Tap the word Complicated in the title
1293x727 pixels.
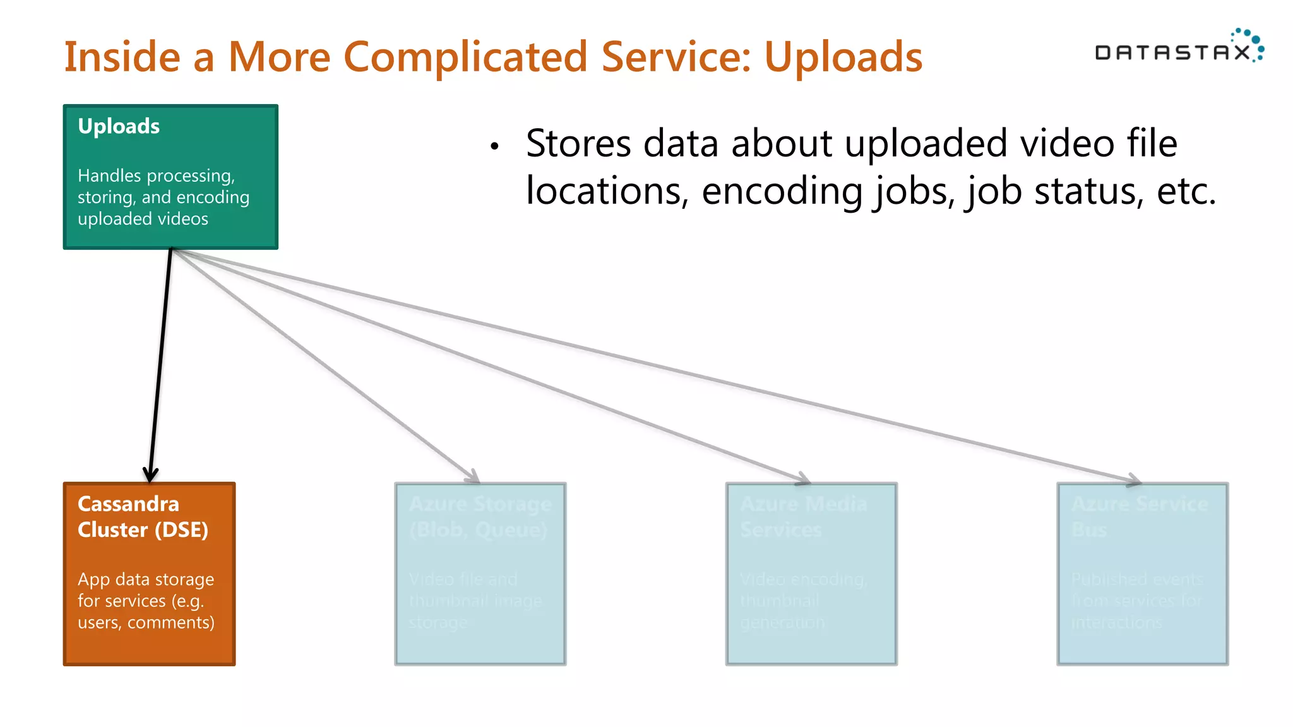pyautogui.click(x=465, y=57)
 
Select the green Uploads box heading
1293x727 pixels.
pyautogui.click(x=119, y=126)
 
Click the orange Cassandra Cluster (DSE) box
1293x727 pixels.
pyautogui.click(x=149, y=574)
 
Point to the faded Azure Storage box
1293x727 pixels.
pyautogui.click(x=480, y=574)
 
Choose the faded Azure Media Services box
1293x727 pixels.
pyautogui.click(x=811, y=574)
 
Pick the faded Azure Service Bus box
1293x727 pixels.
pyautogui.click(x=1143, y=574)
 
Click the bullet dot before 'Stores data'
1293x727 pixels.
pyautogui.click(x=494, y=146)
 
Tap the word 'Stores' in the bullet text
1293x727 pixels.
pyautogui.click(x=578, y=143)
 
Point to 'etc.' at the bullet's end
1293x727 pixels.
pyautogui.click(x=1186, y=191)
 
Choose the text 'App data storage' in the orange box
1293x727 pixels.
pyautogui.click(x=146, y=579)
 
